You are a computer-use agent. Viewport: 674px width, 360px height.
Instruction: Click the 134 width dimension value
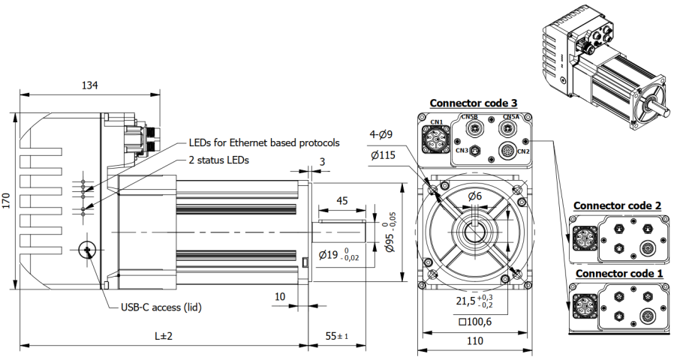89,85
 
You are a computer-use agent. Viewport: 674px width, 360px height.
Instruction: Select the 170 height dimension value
8,201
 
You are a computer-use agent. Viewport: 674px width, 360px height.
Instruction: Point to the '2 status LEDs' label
218,160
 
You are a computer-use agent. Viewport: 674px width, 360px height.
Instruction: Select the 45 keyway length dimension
342,201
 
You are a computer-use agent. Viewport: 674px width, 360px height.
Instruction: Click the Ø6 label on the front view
475,196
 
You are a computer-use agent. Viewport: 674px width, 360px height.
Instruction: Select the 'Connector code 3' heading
474,103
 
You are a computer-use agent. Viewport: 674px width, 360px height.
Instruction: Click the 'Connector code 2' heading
617,205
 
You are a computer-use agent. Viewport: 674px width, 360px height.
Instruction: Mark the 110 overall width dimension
475,342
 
